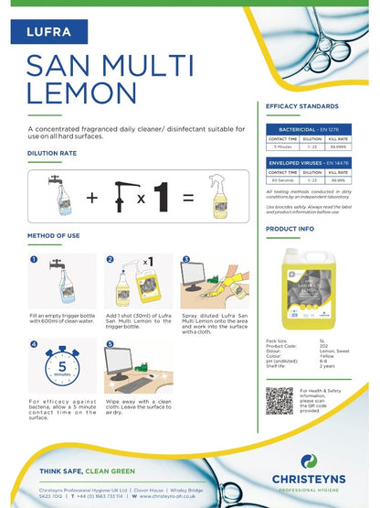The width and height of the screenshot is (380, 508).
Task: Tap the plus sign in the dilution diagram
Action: click(x=91, y=197)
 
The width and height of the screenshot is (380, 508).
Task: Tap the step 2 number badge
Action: click(x=111, y=260)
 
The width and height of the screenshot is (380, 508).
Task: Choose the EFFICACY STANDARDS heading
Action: click(x=301, y=107)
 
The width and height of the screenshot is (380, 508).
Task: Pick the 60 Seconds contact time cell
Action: click(x=282, y=180)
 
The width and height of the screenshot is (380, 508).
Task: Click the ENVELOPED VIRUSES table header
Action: click(x=310, y=162)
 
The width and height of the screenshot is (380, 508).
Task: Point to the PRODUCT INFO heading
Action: click(x=290, y=229)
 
